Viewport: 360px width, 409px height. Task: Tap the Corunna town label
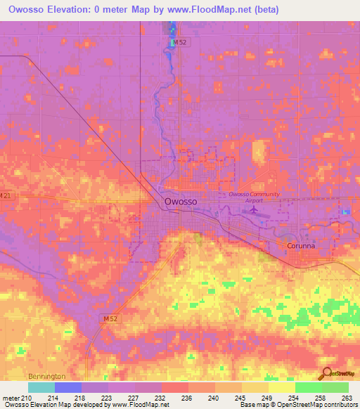coord(302,247)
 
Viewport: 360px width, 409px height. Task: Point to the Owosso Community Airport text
coord(255,196)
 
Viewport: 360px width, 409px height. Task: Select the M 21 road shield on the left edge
coord(6,195)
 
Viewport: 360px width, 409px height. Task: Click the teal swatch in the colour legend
coord(41,387)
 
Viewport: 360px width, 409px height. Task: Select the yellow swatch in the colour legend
coord(281,387)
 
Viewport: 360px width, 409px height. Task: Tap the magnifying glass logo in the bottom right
coord(326,375)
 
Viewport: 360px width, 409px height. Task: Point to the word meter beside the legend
coord(11,397)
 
